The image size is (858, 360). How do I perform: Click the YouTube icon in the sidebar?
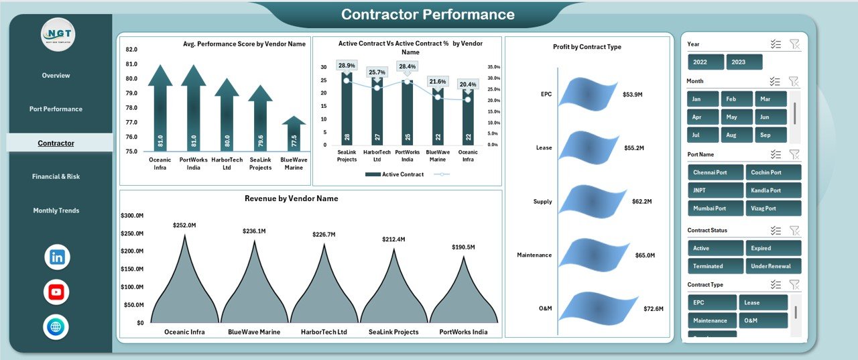pos(56,292)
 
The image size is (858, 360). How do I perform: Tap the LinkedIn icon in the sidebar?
pos(57,257)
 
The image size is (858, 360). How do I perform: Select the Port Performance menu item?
pos(56,109)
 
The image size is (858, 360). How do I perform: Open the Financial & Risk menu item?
pos(56,176)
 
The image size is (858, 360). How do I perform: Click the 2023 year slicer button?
pos(744,62)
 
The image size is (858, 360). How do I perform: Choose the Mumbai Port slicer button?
pos(715,208)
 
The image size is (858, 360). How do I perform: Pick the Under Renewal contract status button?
pos(773,266)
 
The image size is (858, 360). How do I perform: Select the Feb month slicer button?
pos(737,99)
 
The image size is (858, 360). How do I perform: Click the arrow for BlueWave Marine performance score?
pos(294,133)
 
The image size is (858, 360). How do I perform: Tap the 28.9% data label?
pos(347,66)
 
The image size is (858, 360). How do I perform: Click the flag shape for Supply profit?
pos(587,200)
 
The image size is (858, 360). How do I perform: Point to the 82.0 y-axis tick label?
pos(131,50)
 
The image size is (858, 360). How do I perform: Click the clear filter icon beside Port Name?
pos(794,155)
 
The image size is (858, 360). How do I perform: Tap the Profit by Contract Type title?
pos(587,47)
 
